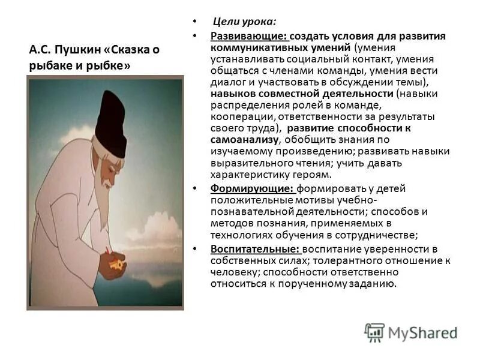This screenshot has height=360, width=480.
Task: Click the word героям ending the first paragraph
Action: [x=312, y=175]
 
